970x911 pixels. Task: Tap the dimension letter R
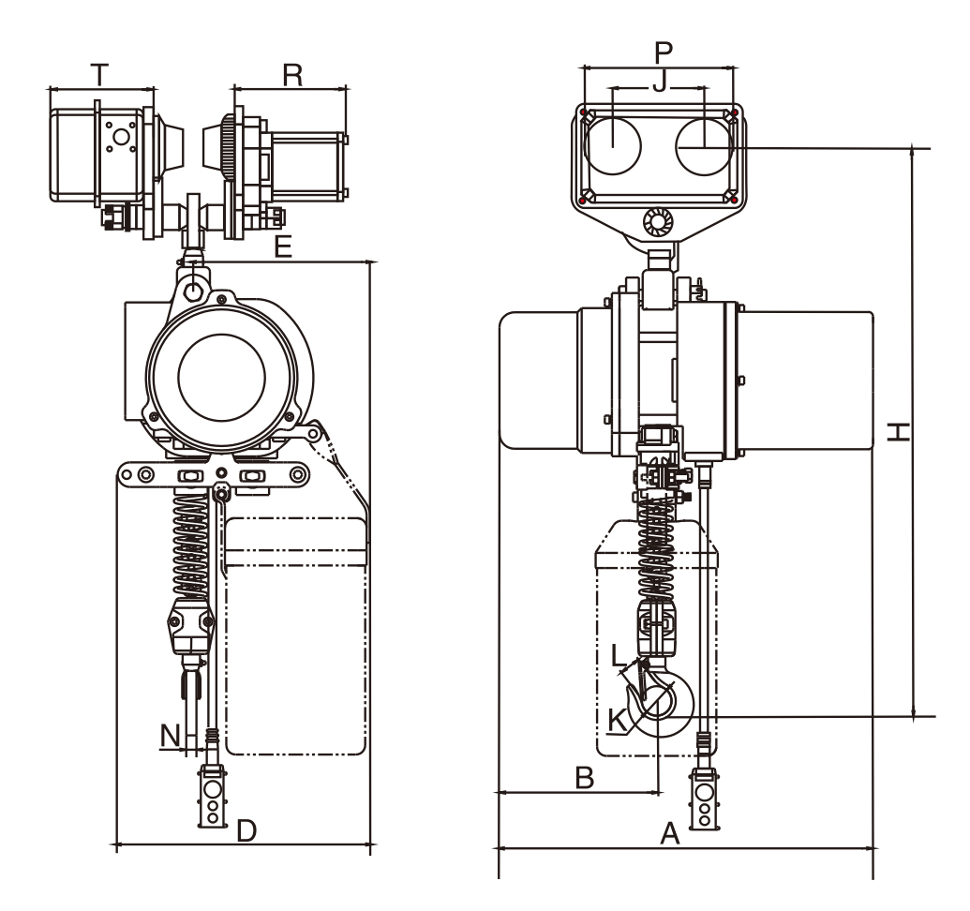point(292,76)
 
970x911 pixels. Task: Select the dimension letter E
point(284,247)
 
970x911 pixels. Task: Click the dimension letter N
point(170,736)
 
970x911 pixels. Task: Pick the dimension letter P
point(662,52)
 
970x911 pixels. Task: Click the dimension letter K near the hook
point(617,720)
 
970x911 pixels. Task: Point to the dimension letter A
point(669,832)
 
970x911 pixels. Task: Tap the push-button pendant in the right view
point(703,799)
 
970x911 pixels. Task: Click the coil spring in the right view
point(655,553)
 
